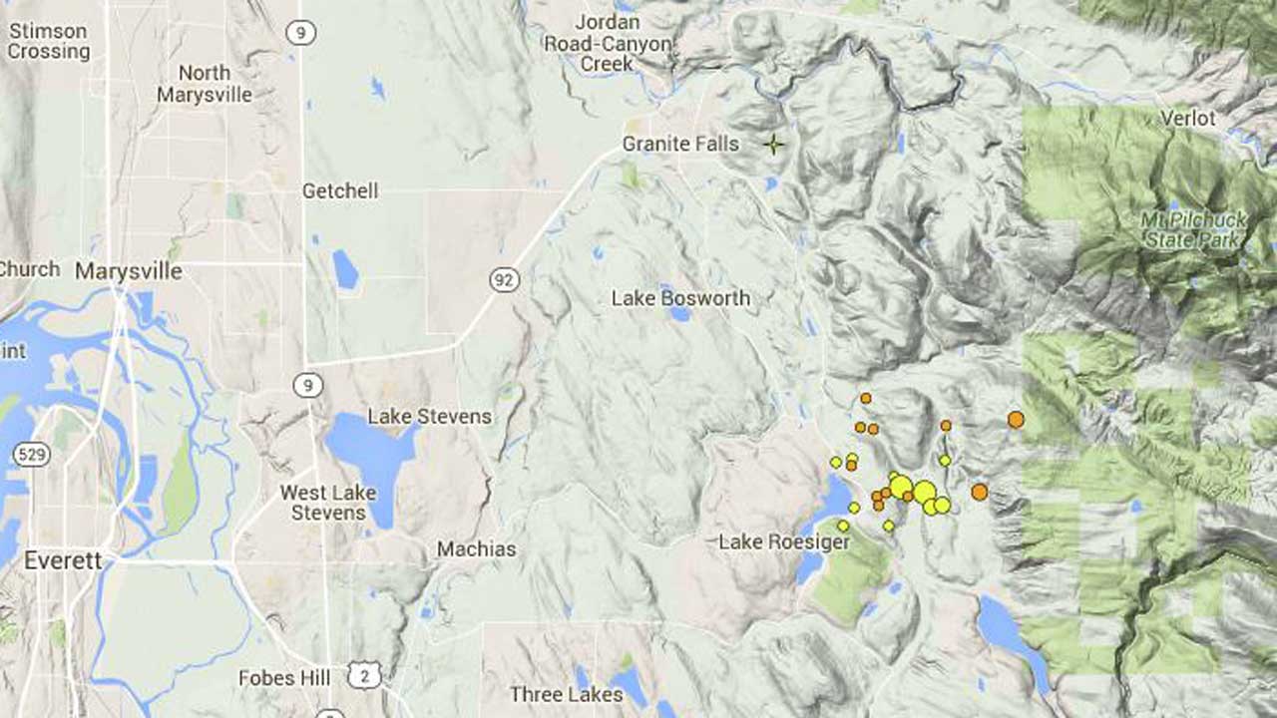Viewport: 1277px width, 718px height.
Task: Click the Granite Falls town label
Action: pos(680,144)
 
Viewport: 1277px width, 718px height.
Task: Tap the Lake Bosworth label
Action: pos(680,297)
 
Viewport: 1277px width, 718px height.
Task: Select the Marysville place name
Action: pos(129,271)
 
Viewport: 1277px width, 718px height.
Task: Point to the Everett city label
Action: pos(63,560)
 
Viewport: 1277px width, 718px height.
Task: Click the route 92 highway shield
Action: pos(504,280)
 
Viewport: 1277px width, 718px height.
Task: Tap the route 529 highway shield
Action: pos(31,455)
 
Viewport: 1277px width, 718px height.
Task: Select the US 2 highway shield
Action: pos(364,675)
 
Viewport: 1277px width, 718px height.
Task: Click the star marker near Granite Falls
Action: pos(773,145)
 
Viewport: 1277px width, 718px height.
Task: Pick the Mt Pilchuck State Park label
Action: pos(1191,228)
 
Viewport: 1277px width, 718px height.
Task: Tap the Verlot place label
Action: pos(1187,118)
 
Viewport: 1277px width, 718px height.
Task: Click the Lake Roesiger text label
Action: pos(784,542)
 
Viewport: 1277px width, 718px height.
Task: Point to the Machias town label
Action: pos(476,549)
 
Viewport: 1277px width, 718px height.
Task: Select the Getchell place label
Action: pos(340,190)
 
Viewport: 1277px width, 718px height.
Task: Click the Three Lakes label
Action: pos(566,694)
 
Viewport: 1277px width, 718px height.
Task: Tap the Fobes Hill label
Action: pos(284,678)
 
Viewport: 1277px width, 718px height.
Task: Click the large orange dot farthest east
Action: pos(1016,420)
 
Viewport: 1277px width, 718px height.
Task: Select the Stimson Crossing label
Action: pos(48,41)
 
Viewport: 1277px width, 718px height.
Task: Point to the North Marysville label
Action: pos(205,84)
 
